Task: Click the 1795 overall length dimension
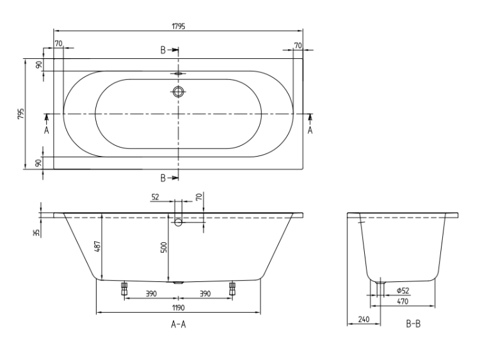178,26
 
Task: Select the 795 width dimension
20,114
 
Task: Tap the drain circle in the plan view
179,91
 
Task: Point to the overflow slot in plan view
179,74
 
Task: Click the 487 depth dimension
97,246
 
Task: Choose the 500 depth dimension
164,247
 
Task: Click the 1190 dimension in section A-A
178,308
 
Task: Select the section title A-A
178,324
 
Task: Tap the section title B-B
413,324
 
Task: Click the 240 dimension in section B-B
364,319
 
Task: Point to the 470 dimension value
403,301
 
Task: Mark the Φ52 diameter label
403,290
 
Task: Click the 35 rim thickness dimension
36,233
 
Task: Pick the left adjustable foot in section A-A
124,289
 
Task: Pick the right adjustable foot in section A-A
232,289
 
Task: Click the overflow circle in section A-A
178,223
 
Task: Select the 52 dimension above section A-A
156,197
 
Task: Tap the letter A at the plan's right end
310,130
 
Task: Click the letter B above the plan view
163,50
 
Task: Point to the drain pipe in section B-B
380,288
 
